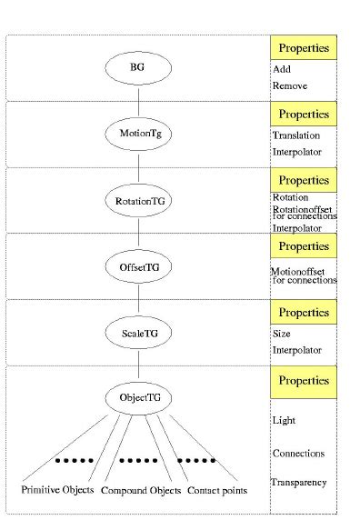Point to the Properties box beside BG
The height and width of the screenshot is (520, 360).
click(x=304, y=47)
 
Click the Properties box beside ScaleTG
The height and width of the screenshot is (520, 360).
click(x=304, y=312)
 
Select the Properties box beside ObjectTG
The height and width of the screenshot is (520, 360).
click(x=304, y=380)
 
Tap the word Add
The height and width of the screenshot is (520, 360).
click(x=281, y=69)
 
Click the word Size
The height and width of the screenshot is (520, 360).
click(x=281, y=334)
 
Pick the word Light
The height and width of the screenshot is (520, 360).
click(x=284, y=420)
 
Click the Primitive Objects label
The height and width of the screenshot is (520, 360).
click(x=58, y=491)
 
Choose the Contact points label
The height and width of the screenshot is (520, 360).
click(x=217, y=491)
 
